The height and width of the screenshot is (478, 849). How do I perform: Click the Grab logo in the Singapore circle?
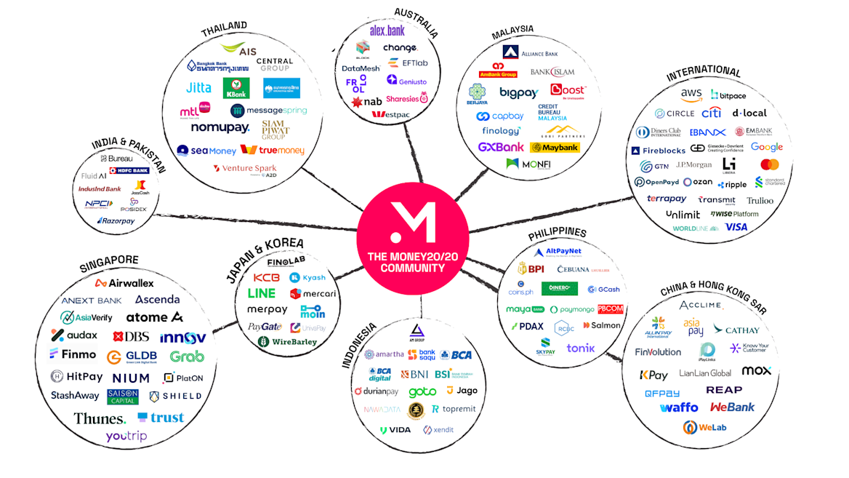tap(187, 356)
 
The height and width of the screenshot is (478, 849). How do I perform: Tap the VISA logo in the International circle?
tap(736, 227)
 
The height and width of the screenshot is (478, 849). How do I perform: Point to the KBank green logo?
tap(236, 88)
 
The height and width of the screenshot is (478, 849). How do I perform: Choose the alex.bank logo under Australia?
tap(387, 31)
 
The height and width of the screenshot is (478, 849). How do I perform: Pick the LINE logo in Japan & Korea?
tap(262, 294)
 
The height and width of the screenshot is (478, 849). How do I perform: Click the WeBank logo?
tap(732, 407)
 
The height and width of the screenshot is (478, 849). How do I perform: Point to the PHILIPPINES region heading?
tap(558, 233)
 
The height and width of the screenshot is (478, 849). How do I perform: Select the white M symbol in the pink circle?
tap(412, 223)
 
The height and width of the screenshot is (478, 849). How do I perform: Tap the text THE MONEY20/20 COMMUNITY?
tap(412, 262)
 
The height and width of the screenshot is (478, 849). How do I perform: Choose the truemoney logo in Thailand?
tap(273, 150)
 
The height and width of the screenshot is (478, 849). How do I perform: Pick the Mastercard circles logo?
tap(770, 164)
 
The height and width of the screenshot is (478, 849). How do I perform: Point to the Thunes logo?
tap(100, 418)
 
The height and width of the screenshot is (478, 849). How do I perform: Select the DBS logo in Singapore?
tap(132, 336)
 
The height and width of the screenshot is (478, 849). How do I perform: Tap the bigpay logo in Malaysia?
tap(518, 92)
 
